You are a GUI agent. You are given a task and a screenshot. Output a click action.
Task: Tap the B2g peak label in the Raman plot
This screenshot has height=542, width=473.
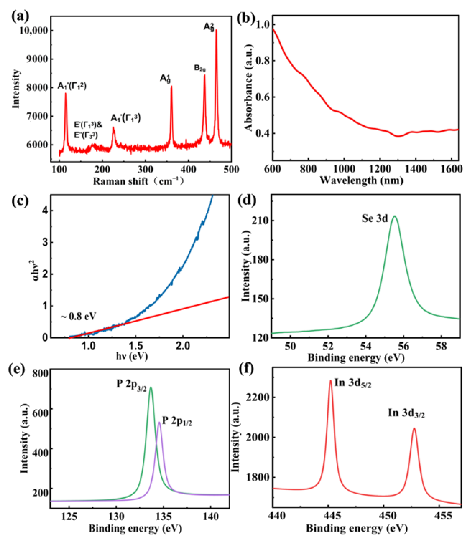click(x=200, y=68)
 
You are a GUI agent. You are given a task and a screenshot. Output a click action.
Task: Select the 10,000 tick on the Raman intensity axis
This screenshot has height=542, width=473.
click(x=33, y=31)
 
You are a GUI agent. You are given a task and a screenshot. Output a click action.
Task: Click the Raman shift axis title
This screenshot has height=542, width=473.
click(x=138, y=181)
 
